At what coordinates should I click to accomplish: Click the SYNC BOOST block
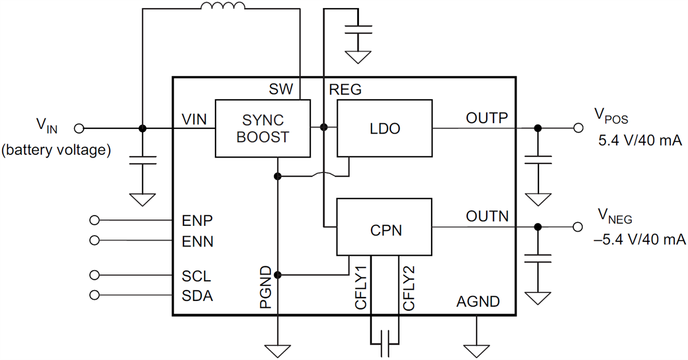point(263,128)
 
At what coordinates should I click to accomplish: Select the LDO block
point(384,128)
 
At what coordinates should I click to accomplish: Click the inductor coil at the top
point(222,6)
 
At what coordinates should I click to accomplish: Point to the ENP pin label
point(197,220)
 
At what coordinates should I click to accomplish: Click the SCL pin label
point(197,276)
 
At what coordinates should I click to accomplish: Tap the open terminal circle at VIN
point(80,128)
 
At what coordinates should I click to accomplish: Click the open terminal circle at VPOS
point(578,128)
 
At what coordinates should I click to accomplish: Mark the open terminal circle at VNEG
point(578,227)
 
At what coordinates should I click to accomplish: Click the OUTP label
point(487,118)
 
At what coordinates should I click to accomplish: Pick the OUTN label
point(487,217)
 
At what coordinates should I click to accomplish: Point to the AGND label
point(478,301)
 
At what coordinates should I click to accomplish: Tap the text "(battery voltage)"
point(56,151)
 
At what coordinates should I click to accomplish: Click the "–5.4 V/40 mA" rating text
point(640,239)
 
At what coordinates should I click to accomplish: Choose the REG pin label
point(345,89)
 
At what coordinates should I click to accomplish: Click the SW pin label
point(281,89)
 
